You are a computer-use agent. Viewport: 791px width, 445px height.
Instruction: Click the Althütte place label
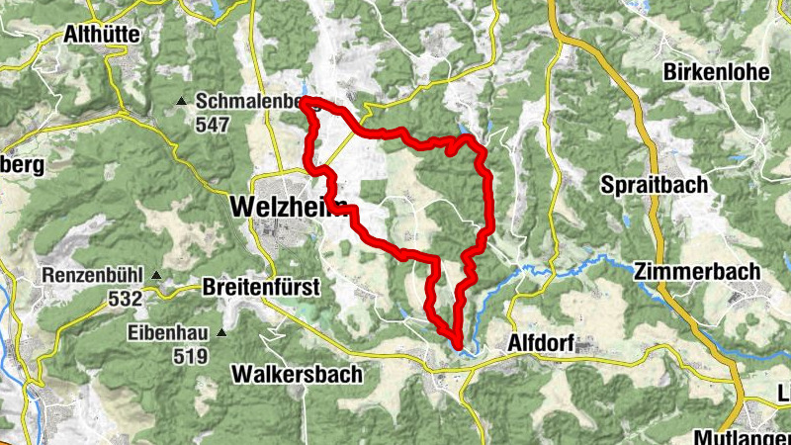click(101, 35)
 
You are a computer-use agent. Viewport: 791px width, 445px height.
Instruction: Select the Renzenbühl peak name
click(94, 275)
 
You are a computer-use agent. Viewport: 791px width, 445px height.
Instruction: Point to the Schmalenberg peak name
click(247, 102)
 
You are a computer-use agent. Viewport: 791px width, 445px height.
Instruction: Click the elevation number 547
click(213, 125)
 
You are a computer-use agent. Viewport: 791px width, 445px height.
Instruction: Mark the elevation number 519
click(188, 356)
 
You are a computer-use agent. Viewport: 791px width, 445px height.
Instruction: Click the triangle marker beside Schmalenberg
click(181, 102)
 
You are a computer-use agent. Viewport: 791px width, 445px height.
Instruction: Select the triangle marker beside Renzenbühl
click(156, 275)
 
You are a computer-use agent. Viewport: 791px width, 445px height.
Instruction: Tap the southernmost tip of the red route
click(458, 345)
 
